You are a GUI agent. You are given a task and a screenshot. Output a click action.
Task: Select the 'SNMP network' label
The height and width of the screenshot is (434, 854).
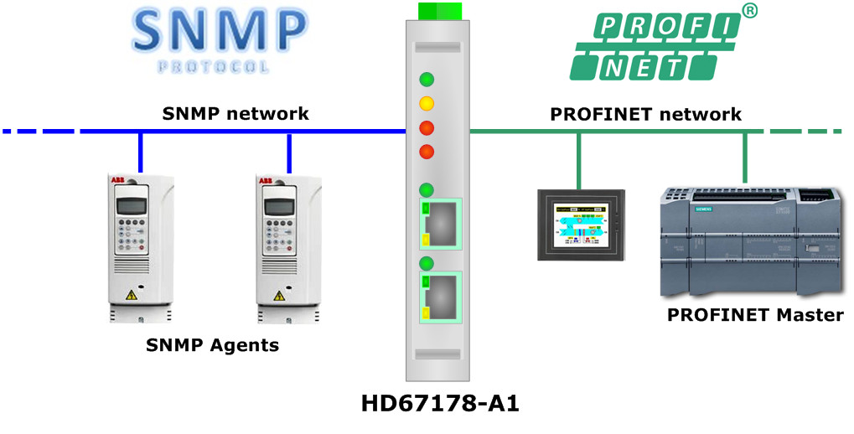(x=235, y=113)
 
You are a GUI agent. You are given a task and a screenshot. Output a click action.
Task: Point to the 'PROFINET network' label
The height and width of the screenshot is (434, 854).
(x=645, y=113)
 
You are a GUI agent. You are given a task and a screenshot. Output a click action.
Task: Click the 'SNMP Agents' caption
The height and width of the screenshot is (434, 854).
(x=212, y=344)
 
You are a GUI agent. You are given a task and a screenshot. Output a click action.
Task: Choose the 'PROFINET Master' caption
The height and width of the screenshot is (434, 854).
(x=754, y=315)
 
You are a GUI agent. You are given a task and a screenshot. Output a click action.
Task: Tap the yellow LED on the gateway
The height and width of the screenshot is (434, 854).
(x=427, y=104)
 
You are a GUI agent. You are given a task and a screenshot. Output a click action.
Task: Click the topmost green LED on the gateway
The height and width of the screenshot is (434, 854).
(x=427, y=80)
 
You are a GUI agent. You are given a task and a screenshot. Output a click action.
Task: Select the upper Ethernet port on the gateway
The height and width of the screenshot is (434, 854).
(x=440, y=223)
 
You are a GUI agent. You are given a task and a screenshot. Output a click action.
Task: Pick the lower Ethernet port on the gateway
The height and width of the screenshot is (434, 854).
(x=440, y=296)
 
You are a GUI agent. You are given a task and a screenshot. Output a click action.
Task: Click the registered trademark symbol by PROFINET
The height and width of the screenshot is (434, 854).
(x=750, y=10)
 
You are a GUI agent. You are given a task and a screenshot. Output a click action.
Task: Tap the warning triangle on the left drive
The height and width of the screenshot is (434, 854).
(x=131, y=295)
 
